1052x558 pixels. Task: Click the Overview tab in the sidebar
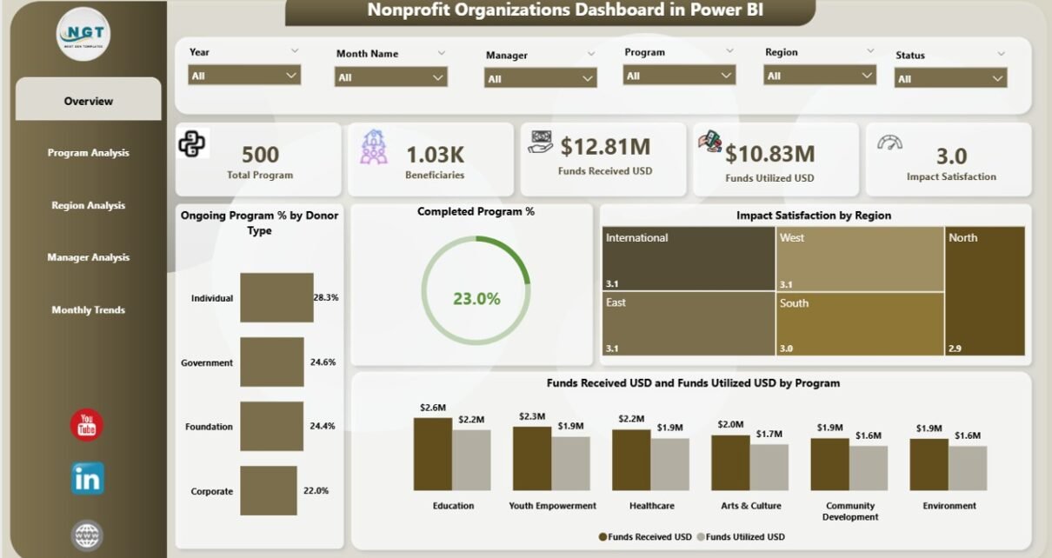click(x=88, y=101)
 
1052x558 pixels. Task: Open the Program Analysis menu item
click(x=88, y=153)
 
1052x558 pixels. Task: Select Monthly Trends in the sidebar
click(x=88, y=310)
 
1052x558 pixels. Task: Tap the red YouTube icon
click(x=87, y=425)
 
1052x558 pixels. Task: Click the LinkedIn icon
click(x=88, y=478)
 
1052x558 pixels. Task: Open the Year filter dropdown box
click(x=244, y=76)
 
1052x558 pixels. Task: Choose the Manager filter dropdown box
click(x=540, y=79)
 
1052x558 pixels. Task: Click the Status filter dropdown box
click(x=950, y=79)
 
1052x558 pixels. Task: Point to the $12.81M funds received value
click(x=605, y=146)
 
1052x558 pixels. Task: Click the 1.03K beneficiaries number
click(x=435, y=155)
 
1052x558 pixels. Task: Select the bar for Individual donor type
click(x=276, y=298)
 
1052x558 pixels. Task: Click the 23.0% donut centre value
click(x=476, y=299)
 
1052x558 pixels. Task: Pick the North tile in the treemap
click(x=984, y=291)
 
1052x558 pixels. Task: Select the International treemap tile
click(x=688, y=258)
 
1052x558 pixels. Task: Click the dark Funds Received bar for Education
click(x=432, y=455)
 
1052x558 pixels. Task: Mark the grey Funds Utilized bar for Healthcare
click(x=669, y=464)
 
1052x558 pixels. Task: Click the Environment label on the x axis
click(x=949, y=506)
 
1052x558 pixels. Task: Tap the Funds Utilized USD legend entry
click(x=744, y=537)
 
